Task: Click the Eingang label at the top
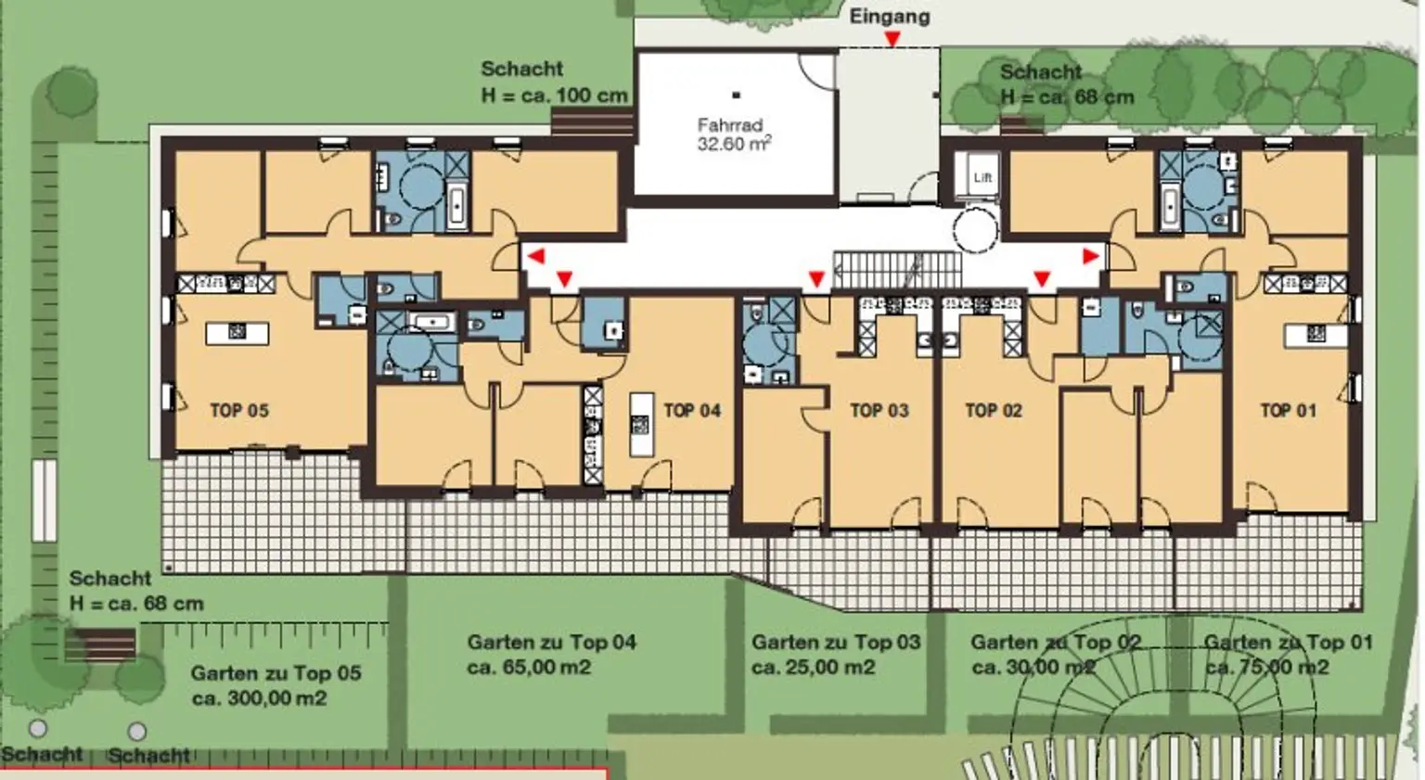click(890, 18)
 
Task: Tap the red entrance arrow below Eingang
click(892, 40)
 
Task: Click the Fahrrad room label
click(734, 134)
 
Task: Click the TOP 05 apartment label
click(239, 410)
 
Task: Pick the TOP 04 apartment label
click(692, 410)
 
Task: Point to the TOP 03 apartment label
click(879, 410)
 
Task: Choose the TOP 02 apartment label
click(994, 410)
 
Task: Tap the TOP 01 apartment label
click(1289, 410)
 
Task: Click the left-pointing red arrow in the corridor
click(536, 256)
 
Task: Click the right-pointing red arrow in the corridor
click(1091, 256)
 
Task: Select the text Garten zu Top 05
click(276, 672)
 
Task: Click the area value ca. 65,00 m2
click(530, 668)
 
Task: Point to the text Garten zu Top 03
click(836, 642)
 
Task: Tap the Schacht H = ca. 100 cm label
click(554, 82)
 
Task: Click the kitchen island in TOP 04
click(641, 425)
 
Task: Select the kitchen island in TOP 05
click(237, 333)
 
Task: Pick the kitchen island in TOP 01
click(1316, 336)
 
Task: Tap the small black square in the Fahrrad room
click(736, 96)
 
